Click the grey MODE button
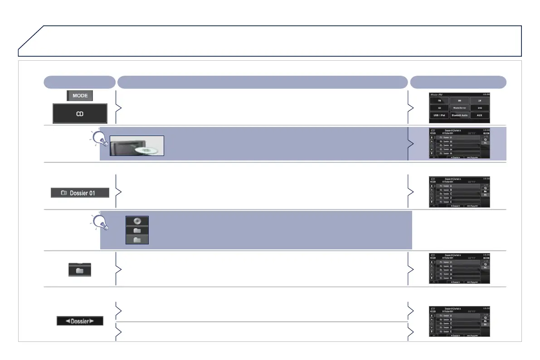point(80,96)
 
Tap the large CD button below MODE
point(80,113)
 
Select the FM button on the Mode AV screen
point(439,100)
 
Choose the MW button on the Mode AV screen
point(459,100)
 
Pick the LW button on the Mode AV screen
point(479,100)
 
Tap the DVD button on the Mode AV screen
point(479,108)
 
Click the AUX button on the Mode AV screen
point(479,115)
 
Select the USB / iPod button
point(439,115)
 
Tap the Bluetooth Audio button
point(459,115)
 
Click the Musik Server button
point(459,108)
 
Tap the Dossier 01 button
point(80,193)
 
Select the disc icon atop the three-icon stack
point(137,221)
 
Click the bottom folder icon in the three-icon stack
point(137,238)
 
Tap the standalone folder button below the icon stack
point(80,270)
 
